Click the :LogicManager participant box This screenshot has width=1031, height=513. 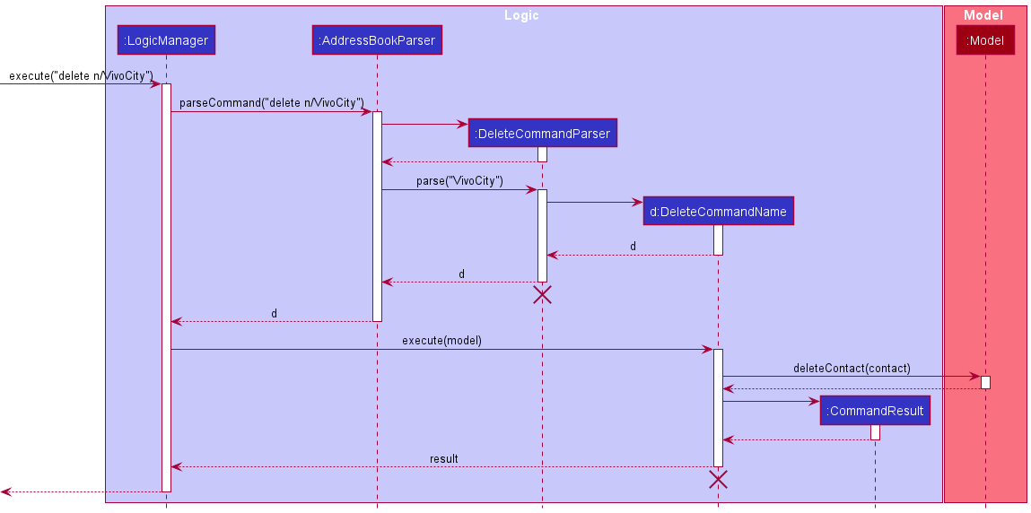tap(166, 40)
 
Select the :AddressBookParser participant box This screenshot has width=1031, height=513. tap(377, 40)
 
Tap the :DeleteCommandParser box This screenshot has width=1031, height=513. tap(543, 134)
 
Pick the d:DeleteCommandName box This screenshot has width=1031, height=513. tap(718, 212)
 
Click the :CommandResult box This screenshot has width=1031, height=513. tap(875, 411)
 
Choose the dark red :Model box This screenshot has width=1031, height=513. tap(985, 40)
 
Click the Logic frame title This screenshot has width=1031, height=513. tap(521, 15)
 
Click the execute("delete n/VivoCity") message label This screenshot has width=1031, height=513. tap(81, 75)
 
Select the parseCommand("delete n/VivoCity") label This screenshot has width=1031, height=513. tap(271, 102)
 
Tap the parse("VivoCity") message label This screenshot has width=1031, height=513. tap(459, 180)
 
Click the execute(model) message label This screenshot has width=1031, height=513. tap(441, 340)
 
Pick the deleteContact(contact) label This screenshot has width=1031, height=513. tap(852, 368)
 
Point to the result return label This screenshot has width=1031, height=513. tap(443, 458)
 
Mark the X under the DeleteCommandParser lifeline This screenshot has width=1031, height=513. tap(542, 295)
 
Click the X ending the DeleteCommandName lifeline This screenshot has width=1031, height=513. tap(718, 480)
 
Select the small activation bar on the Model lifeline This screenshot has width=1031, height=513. tap(985, 382)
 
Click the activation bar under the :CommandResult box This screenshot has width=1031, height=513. tap(875, 432)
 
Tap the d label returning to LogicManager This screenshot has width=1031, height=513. tap(274, 313)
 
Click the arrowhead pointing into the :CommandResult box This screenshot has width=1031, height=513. tap(815, 401)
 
